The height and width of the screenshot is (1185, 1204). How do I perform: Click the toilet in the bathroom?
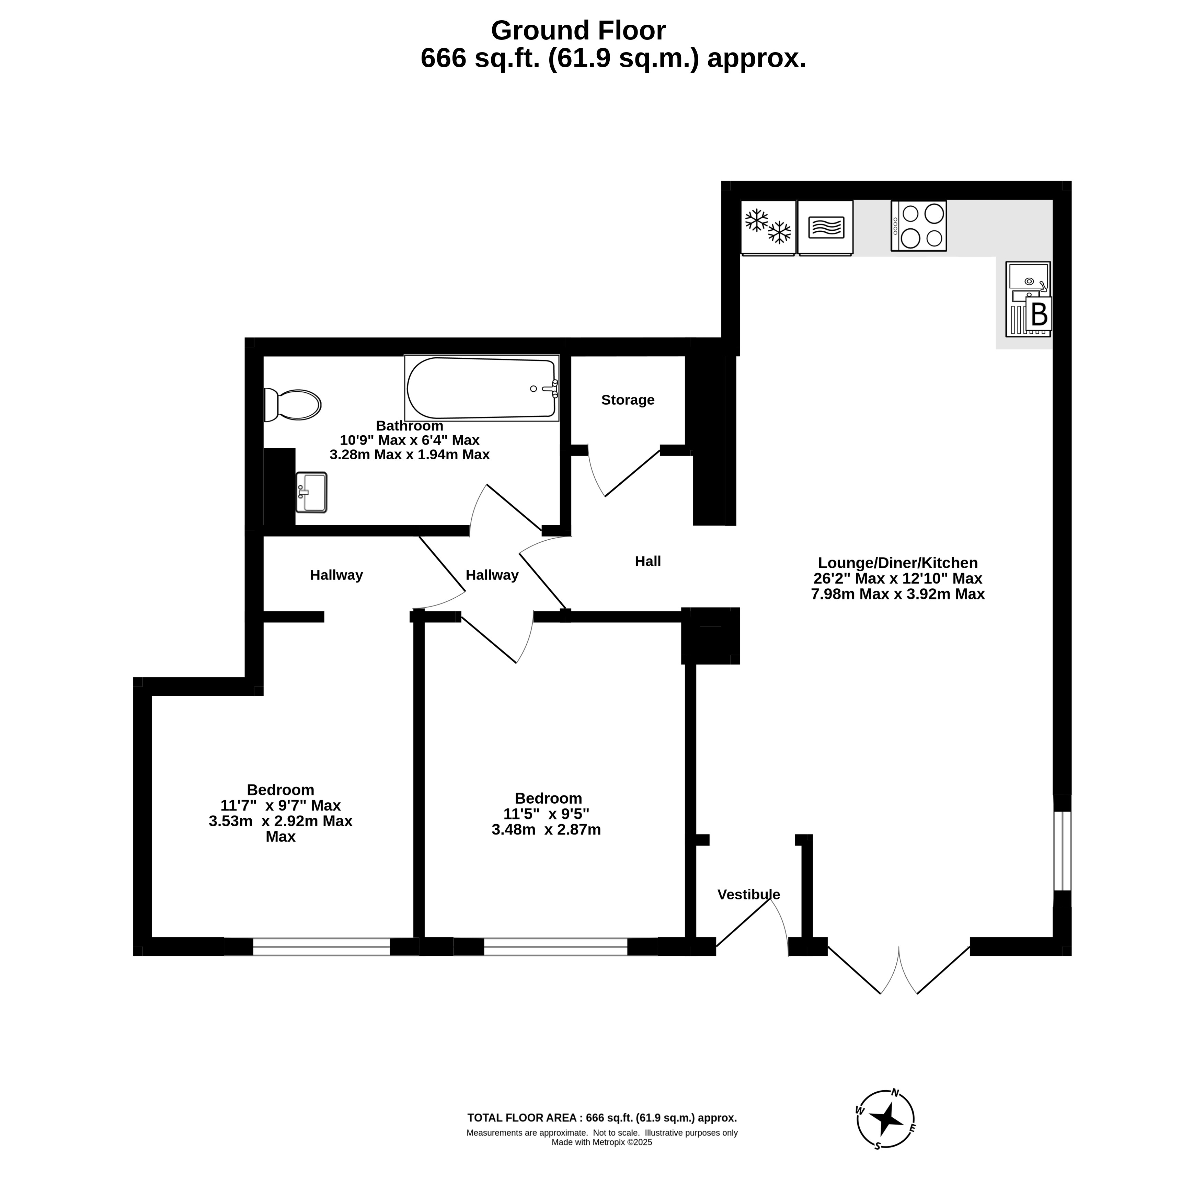click(x=291, y=404)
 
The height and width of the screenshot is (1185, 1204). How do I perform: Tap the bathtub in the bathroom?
click(x=481, y=388)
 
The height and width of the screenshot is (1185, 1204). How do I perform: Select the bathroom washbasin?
click(x=311, y=492)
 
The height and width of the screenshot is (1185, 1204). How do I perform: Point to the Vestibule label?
click(x=748, y=894)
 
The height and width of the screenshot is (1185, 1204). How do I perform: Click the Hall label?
click(x=647, y=561)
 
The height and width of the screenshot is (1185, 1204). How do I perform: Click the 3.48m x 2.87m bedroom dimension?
click(x=546, y=830)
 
